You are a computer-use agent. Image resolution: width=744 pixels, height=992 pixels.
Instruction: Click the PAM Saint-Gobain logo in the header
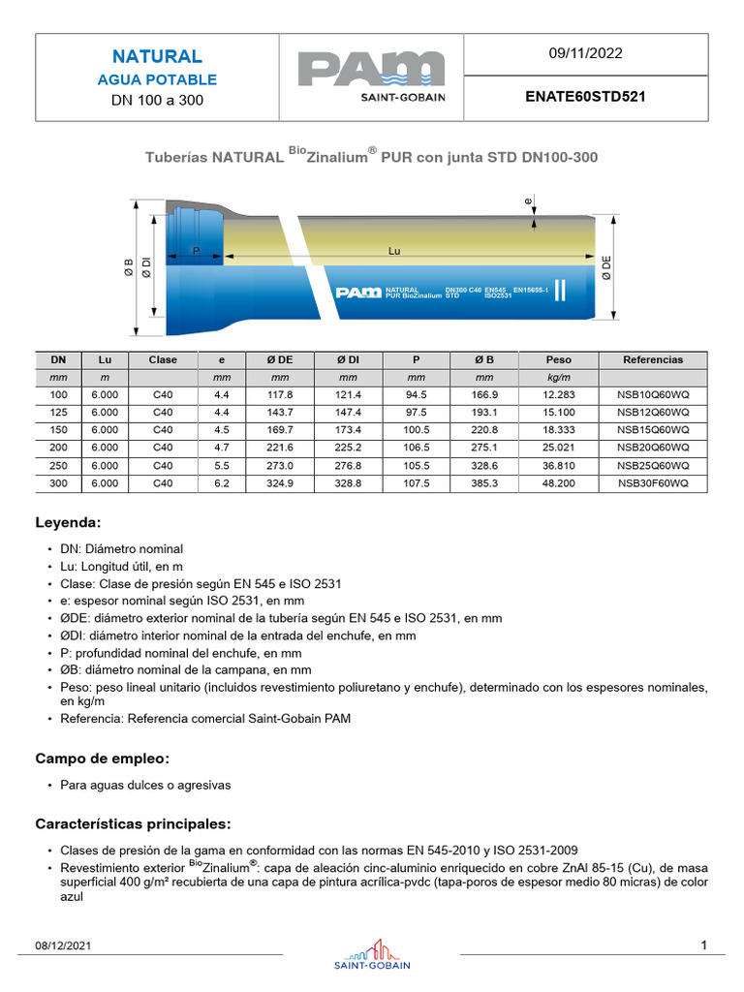pos(371,77)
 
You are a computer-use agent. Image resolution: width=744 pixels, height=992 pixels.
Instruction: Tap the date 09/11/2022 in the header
pos(586,54)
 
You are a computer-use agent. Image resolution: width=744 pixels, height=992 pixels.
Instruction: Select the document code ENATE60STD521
pos(586,98)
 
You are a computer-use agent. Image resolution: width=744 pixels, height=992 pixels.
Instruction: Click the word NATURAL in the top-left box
pos(157,56)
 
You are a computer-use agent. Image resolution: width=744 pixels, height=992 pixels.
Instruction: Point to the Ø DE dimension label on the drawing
pos(607,268)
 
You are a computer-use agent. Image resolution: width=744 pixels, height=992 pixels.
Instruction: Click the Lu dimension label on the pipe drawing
pos(394,251)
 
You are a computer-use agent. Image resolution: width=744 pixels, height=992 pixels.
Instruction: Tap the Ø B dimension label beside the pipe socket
pos(128,268)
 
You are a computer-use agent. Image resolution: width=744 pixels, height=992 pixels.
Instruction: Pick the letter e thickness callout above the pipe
pos(528,201)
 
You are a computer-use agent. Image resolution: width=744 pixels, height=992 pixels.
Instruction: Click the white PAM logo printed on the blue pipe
pos(357,292)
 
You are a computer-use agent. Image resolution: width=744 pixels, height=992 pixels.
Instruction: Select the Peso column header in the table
pos(558,359)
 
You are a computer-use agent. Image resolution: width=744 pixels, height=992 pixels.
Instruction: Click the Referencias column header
pos(653,359)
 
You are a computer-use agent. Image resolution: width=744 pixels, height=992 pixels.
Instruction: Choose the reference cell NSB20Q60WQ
pos(653,448)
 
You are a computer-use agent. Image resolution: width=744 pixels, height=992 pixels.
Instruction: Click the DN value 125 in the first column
pos(58,413)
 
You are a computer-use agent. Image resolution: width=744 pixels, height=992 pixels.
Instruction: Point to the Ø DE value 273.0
pos(280,465)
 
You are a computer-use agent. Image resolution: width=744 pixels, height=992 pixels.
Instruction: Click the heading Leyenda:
pos(68,522)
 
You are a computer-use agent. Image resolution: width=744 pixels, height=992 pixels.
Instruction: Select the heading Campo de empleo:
pos(103,758)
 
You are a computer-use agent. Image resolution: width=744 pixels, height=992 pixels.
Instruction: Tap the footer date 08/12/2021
pos(63,945)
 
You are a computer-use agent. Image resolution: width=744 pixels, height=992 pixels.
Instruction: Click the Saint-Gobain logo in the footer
pos(372,953)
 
